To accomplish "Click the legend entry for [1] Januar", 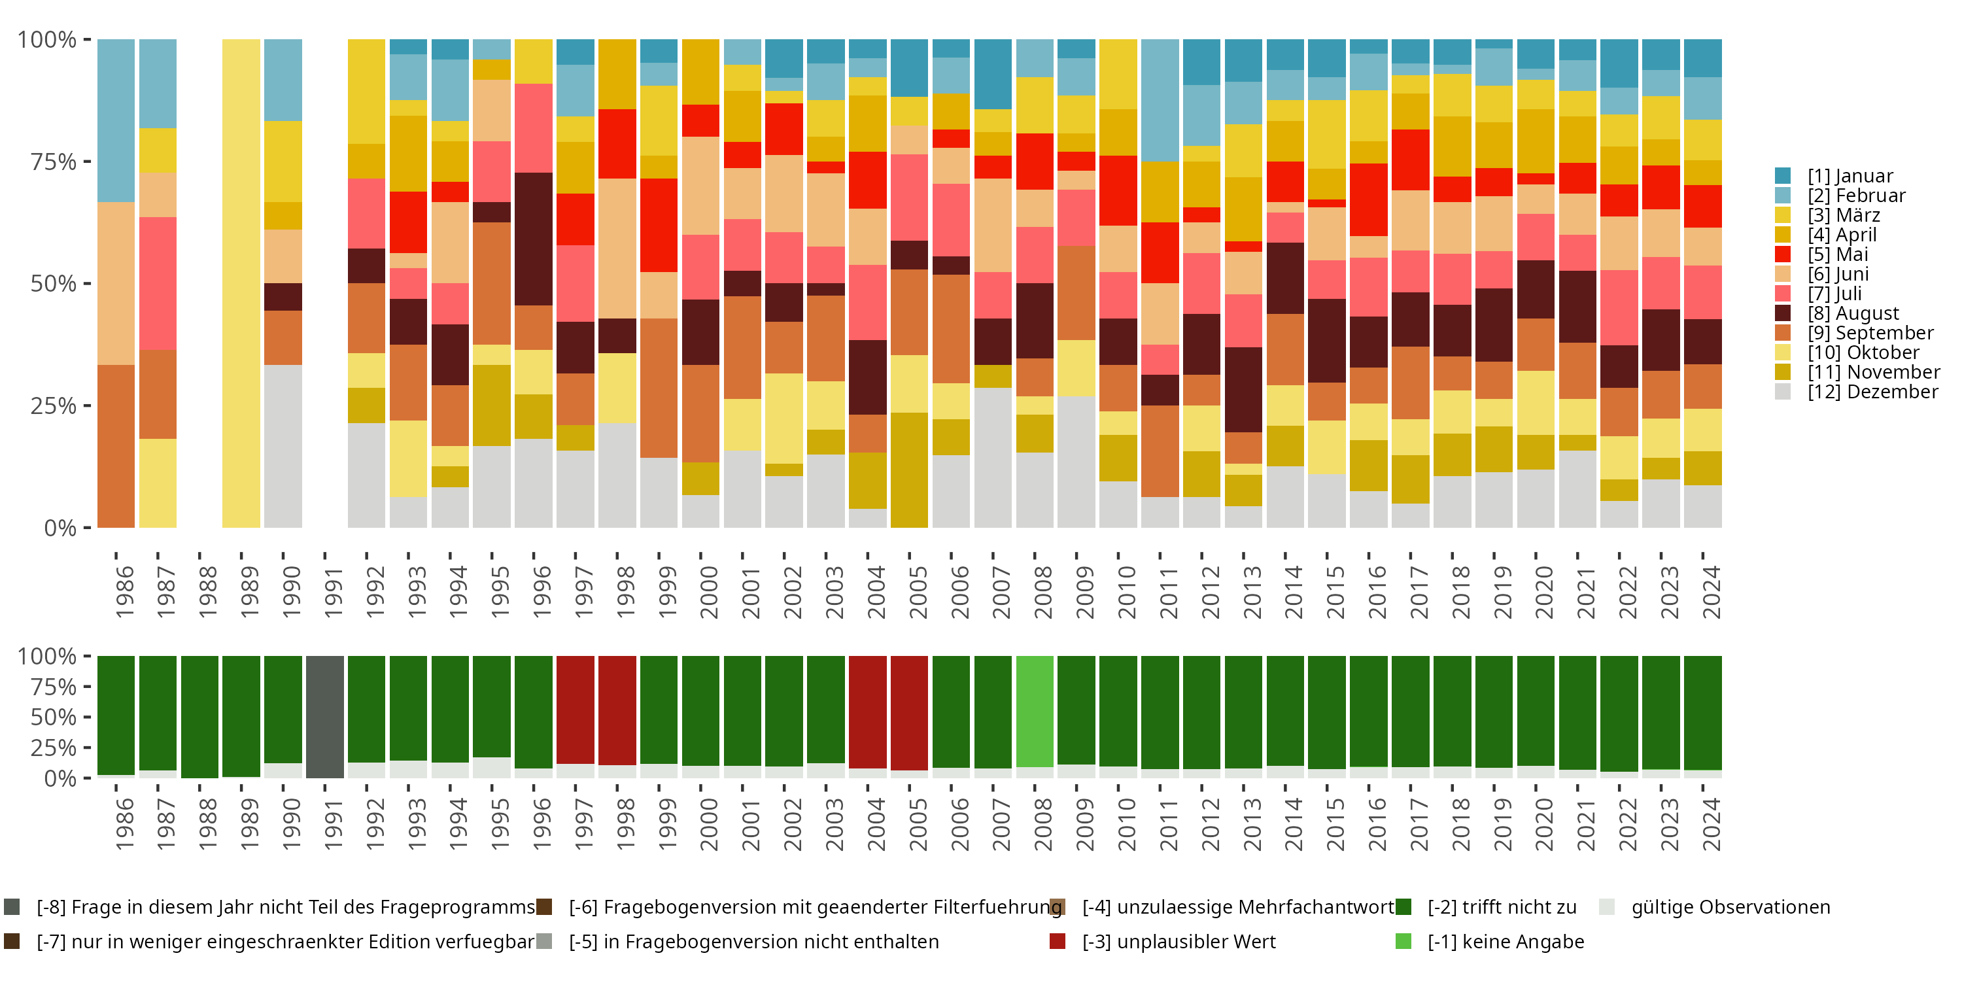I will point(1850,176).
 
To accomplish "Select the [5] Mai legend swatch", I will point(1783,254).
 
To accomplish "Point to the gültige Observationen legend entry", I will point(1730,907).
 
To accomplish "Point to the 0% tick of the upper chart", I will point(61,528).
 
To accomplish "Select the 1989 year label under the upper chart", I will point(249,592).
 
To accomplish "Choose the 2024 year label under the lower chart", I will point(1711,824).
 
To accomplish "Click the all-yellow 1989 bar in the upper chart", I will point(241,283).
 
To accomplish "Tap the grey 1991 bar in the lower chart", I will point(325,717).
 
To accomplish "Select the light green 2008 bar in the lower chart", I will point(1035,712).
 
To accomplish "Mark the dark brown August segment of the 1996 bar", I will point(533,239).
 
